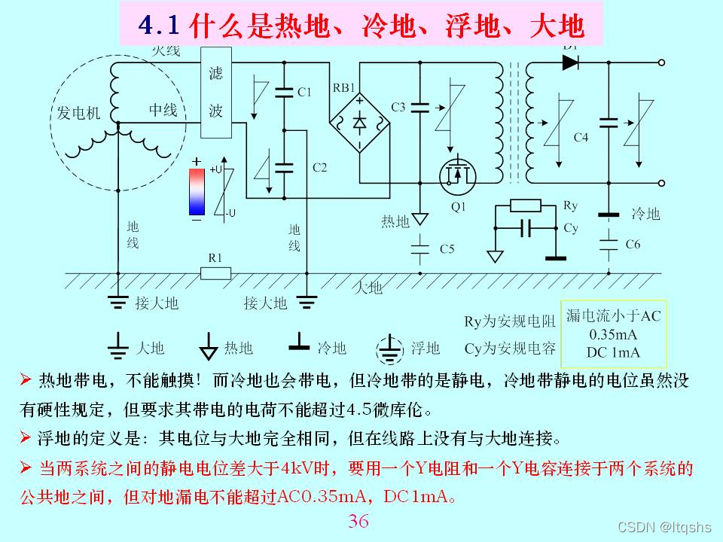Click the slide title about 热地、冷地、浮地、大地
tap(361, 26)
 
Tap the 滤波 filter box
tap(216, 92)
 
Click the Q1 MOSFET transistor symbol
tap(457, 173)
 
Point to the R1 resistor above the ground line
tap(215, 273)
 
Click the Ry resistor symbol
tap(525, 206)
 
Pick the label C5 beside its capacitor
tap(447, 248)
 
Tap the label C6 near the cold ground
tap(633, 244)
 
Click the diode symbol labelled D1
tap(570, 63)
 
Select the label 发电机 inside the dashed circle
tap(79, 113)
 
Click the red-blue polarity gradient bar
tap(197, 192)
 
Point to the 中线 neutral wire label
tap(163, 110)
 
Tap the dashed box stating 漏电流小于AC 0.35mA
tap(613, 333)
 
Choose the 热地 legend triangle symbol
tap(209, 347)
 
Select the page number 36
tap(359, 521)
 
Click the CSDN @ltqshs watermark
tap(664, 527)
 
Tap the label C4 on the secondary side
tap(581, 137)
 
